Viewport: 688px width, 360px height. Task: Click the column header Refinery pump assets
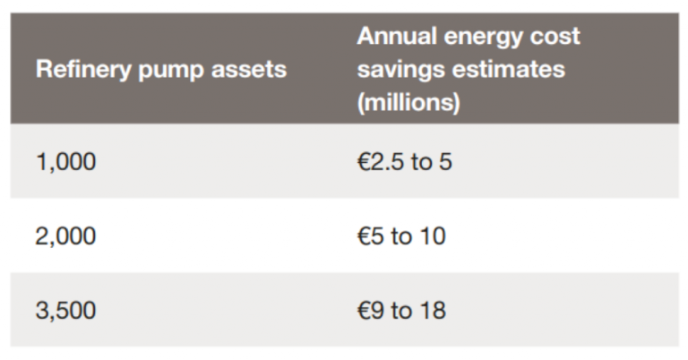pyautogui.click(x=161, y=70)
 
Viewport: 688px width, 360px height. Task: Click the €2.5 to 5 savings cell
pyautogui.click(x=404, y=162)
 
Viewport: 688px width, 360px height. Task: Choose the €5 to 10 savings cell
pyautogui.click(x=400, y=236)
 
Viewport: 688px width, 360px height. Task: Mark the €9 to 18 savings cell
pyautogui.click(x=400, y=311)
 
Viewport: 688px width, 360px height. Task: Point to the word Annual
pyautogui.click(x=396, y=37)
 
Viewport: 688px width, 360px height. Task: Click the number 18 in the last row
pyautogui.click(x=431, y=311)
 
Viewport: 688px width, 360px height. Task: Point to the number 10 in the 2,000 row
pyautogui.click(x=431, y=236)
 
